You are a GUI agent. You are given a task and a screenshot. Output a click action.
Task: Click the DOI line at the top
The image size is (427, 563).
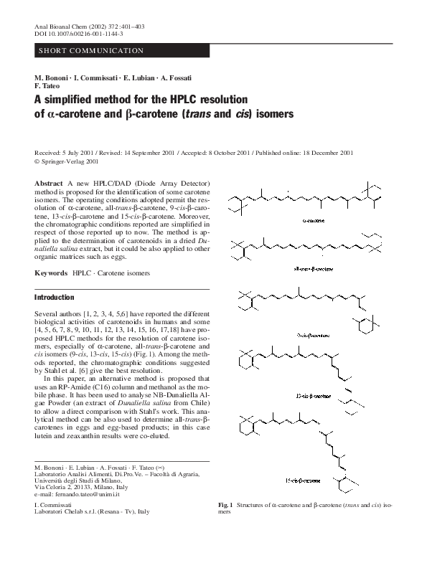79,34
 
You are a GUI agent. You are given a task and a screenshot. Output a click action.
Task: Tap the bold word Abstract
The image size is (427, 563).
49,185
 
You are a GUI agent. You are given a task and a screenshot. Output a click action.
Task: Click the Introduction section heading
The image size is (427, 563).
55,297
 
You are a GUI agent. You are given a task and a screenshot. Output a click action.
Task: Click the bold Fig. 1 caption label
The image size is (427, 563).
229,506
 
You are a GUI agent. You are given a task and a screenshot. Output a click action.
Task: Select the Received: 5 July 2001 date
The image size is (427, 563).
70,153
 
